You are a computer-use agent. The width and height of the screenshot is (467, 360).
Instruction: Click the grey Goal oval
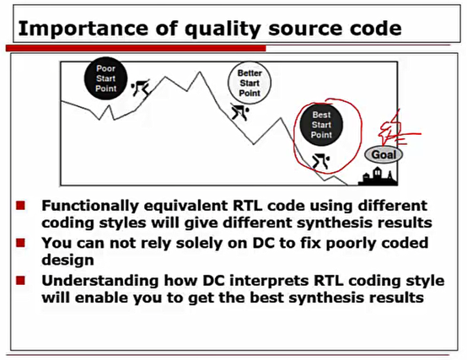point(384,154)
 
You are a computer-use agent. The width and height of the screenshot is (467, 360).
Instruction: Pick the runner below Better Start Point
point(243,111)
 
